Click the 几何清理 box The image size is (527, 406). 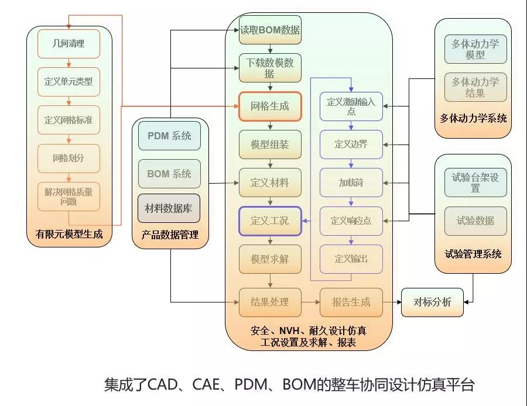pos(69,43)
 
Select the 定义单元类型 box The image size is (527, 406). pos(69,82)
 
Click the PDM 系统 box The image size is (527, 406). pos(169,136)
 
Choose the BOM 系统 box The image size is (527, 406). pos(169,174)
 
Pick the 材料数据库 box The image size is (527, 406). pos(169,208)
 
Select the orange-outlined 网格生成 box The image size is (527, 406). pos(270,106)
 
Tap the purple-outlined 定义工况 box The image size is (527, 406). pos(270,221)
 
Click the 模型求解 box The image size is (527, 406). pos(270,259)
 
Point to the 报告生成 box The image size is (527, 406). pos(351,302)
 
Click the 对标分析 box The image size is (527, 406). pos(432,302)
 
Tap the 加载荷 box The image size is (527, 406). pos(351,183)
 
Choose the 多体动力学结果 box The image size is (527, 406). pos(475,87)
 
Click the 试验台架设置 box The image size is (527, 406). pos(475,183)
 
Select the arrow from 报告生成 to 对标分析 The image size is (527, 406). pos(392,302)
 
